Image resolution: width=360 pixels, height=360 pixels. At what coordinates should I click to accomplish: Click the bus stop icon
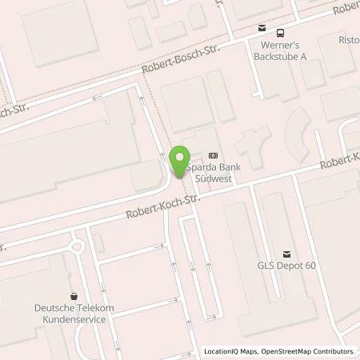click(280, 33)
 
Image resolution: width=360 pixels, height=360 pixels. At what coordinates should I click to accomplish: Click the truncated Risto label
click(350, 39)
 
